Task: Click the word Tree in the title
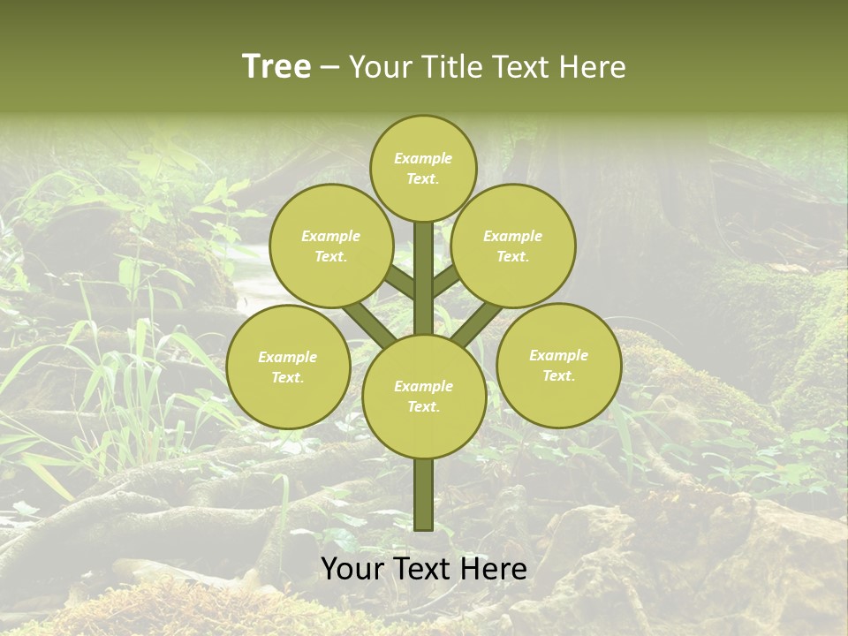(x=276, y=66)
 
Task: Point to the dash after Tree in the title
(x=330, y=67)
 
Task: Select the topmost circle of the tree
(x=423, y=169)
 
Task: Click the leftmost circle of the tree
(x=288, y=367)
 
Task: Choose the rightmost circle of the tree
(x=559, y=366)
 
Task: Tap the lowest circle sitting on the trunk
(x=424, y=397)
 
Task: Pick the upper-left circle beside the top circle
(x=331, y=246)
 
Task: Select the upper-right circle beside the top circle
(x=513, y=246)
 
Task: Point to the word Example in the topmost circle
(x=423, y=159)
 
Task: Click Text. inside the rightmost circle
(x=558, y=376)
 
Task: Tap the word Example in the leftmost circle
(x=288, y=358)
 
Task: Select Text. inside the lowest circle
(x=423, y=407)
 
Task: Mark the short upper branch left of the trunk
(x=399, y=282)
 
